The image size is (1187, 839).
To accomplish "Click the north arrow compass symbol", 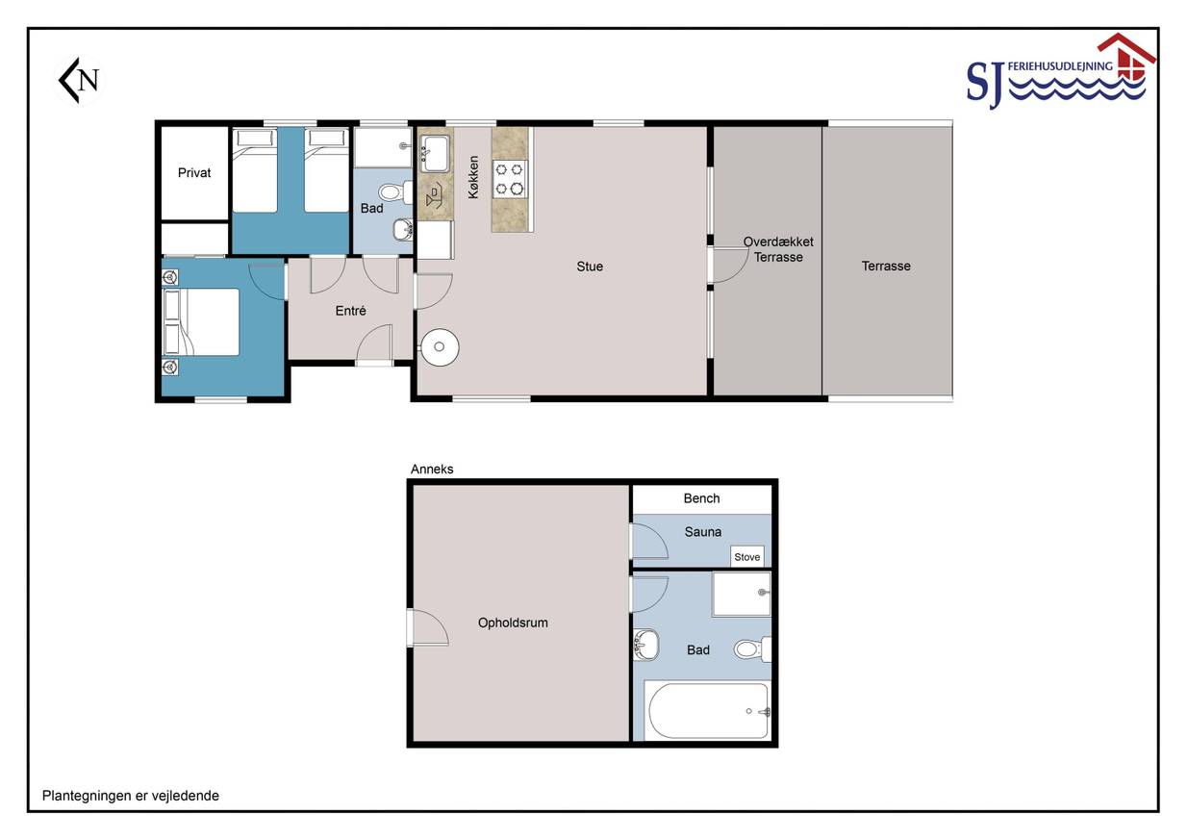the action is (x=79, y=80).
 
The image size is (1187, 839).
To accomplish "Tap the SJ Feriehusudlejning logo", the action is (x=1061, y=71).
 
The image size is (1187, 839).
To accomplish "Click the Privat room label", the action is (x=194, y=173).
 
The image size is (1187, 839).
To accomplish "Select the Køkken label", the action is (x=473, y=177).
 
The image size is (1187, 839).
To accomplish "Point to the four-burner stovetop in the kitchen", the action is (x=509, y=179).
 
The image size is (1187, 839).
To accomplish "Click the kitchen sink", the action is (x=435, y=153).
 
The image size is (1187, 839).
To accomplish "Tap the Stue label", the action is (x=590, y=267).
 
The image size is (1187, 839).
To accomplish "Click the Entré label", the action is (x=350, y=311).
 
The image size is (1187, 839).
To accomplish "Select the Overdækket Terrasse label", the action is (x=778, y=249).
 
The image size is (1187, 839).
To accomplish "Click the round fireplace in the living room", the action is (x=439, y=346).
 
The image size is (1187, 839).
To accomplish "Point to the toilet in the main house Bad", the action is (x=395, y=191).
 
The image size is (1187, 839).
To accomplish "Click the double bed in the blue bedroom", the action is (x=201, y=321).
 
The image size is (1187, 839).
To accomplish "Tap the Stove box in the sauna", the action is (x=747, y=556).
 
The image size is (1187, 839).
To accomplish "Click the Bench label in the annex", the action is (x=701, y=498).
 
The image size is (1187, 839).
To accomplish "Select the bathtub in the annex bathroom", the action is (x=708, y=711).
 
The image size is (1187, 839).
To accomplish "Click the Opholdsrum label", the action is (x=513, y=623).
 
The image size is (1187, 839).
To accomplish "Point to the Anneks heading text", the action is (x=432, y=470).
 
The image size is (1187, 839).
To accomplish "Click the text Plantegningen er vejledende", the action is (x=131, y=796).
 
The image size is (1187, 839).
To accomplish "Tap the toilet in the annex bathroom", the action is (x=752, y=648).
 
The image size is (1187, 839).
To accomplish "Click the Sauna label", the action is (x=702, y=532).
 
